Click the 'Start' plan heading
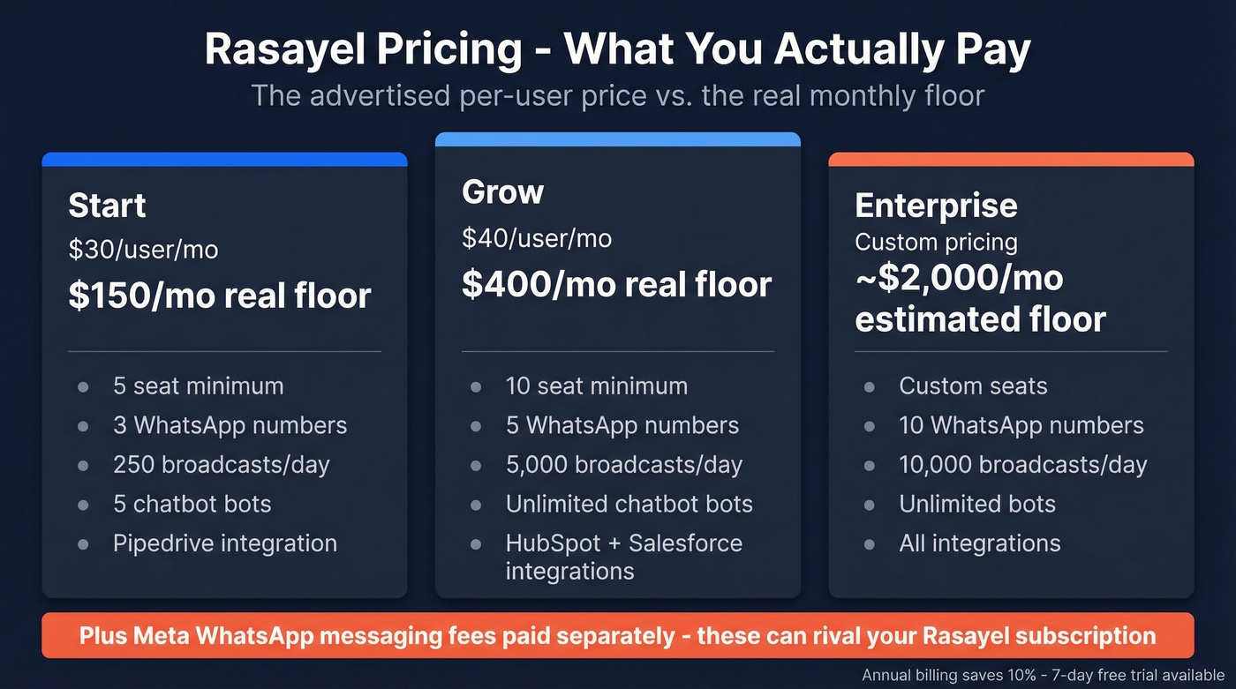point(107,206)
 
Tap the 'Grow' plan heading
point(502,192)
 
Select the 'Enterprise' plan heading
point(936,206)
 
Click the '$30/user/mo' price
point(143,250)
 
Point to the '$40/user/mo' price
point(537,237)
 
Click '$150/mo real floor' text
point(220,296)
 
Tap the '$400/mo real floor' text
point(616,284)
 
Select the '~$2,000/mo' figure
point(959,279)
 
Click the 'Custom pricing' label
point(936,242)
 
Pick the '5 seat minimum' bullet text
point(198,386)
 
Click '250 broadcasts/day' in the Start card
point(221,465)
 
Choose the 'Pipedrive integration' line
point(224,543)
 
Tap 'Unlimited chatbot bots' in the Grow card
point(629,504)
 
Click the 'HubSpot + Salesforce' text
point(623,543)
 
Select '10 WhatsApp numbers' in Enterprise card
point(1021,425)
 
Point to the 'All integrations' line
point(979,543)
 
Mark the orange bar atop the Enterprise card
point(1011,159)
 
